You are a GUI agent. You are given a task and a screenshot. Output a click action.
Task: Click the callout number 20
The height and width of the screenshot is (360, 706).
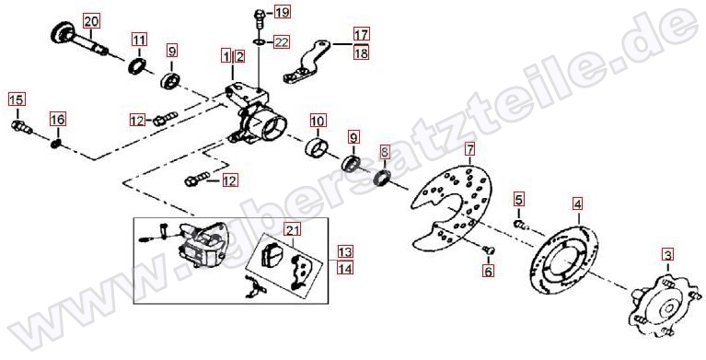coord(91,21)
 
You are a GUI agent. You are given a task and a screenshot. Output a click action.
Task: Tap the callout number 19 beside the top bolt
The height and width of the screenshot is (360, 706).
coord(283,11)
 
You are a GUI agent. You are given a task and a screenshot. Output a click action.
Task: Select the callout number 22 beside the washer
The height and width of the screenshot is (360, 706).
coord(282,42)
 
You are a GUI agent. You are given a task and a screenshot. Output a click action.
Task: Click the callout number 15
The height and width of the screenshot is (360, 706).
coord(17,99)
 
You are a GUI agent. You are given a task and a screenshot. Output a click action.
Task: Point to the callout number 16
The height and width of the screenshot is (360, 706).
coord(58,120)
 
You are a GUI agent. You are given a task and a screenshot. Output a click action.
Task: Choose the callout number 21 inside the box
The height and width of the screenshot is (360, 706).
coord(293,230)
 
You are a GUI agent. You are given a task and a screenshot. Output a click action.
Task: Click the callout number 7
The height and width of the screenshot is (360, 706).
coord(470,148)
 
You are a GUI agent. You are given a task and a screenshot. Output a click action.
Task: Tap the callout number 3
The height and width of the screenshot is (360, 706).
coord(667,255)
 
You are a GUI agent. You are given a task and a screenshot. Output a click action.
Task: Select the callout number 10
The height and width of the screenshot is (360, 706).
coord(318,121)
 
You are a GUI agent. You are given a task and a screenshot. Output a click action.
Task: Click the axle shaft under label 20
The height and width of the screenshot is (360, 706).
coord(81,41)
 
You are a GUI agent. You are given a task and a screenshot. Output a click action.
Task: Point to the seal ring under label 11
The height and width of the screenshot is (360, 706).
coord(136,66)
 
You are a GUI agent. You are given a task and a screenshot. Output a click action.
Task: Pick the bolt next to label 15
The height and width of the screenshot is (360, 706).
coord(21,127)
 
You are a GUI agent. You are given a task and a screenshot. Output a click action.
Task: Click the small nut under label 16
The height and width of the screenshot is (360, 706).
coord(56,145)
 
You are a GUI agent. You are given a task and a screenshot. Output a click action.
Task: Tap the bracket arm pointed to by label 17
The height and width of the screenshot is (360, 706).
coord(307,63)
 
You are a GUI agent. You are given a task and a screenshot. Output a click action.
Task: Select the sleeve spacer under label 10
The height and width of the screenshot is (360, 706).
coord(318,148)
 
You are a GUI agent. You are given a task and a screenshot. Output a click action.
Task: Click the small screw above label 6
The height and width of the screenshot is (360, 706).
coord(488,250)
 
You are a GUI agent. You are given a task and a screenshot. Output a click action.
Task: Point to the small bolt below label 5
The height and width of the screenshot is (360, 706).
coord(519,224)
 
